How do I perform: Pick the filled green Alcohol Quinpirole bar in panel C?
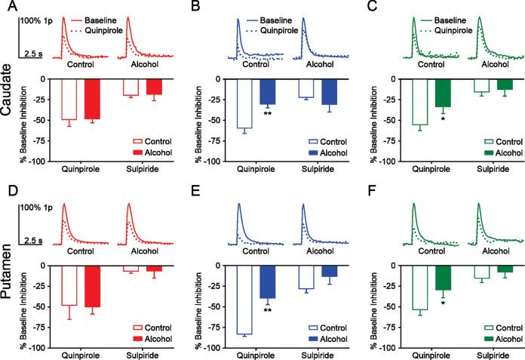[x=443, y=93]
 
